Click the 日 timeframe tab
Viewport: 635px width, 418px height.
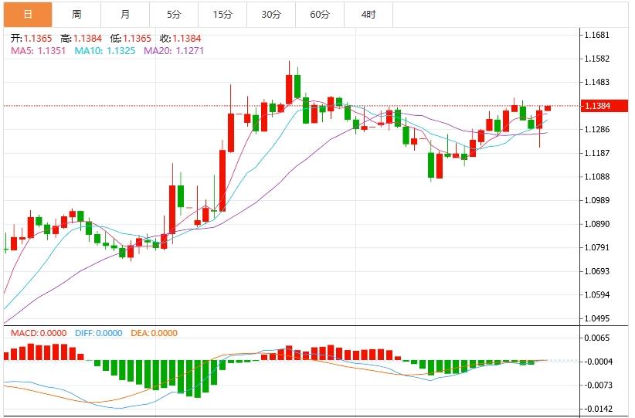point(28,14)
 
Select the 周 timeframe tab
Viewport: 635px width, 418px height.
point(76,14)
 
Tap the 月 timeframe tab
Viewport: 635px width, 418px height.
point(126,14)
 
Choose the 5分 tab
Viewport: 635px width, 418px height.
point(174,14)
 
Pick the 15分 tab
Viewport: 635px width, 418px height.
point(222,14)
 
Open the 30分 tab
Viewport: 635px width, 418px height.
point(271,14)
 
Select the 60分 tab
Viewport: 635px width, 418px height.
point(320,14)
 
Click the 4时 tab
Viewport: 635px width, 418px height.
point(368,14)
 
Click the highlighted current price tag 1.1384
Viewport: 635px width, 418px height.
point(599,106)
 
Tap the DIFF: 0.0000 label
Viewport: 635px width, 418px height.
point(98,333)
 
